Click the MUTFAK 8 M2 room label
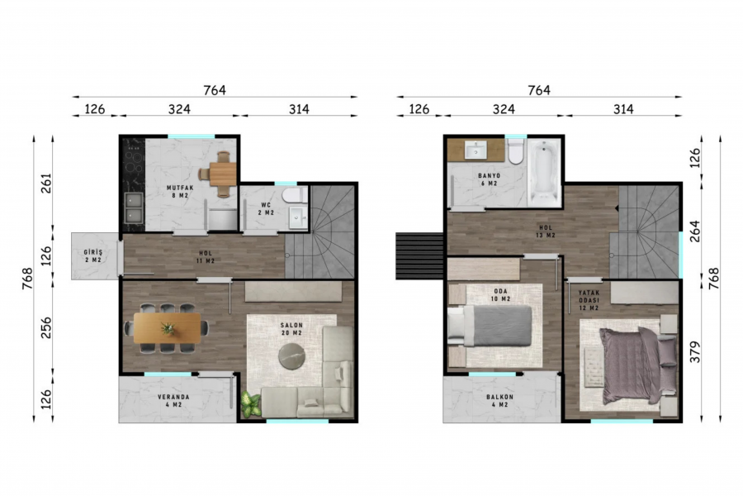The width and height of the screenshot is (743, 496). (x=180, y=191)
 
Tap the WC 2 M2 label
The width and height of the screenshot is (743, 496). (x=267, y=209)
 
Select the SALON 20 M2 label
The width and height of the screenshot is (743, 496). (x=291, y=329)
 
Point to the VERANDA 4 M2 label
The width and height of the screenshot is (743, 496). (x=174, y=401)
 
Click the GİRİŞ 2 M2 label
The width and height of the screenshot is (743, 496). (x=92, y=256)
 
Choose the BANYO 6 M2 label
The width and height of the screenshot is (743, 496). (x=489, y=179)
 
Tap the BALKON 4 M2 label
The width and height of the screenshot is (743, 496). (x=500, y=401)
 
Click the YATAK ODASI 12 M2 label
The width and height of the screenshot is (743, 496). (x=589, y=300)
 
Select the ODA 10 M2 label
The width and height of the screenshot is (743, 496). (x=501, y=295)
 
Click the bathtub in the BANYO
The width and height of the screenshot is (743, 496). (x=545, y=173)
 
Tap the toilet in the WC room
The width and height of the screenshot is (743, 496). (x=295, y=194)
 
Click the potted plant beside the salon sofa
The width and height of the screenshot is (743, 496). (x=251, y=404)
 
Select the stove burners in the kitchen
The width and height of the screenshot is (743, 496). (x=134, y=161)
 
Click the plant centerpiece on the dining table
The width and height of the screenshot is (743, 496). (x=168, y=328)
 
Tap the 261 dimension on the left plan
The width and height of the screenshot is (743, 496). (x=46, y=184)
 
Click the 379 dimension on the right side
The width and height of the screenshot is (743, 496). (x=694, y=351)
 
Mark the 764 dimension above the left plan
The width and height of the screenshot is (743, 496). (x=215, y=90)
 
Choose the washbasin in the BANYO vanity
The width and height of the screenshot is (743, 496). (x=476, y=150)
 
